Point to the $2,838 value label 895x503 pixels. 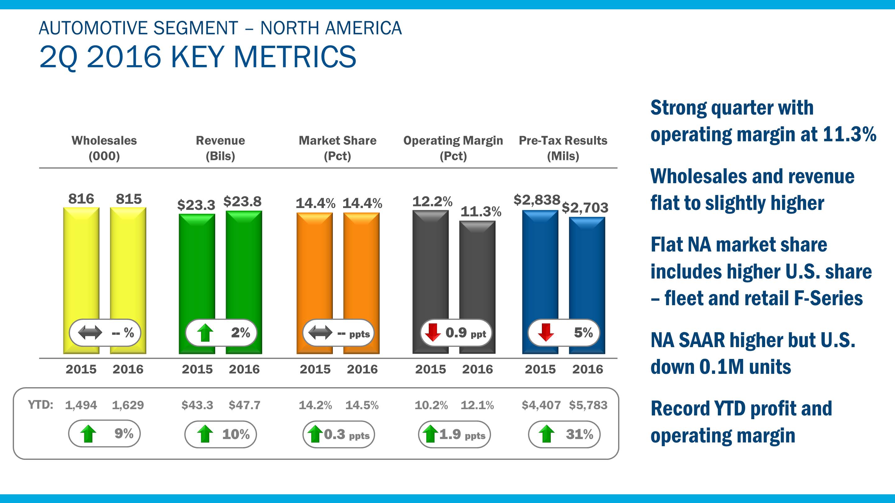click(537, 200)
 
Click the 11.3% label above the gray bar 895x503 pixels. click(481, 211)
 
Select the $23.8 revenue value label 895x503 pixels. click(242, 201)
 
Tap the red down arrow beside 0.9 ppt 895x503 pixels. click(433, 332)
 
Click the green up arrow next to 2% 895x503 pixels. click(205, 333)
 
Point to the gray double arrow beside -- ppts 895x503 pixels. click(320, 333)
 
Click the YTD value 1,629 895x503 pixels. click(128, 405)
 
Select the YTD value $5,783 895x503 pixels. click(588, 405)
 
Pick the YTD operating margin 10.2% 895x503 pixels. click(431, 405)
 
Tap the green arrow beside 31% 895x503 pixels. click(547, 434)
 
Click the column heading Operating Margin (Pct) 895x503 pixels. click(453, 148)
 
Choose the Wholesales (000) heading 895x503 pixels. click(104, 148)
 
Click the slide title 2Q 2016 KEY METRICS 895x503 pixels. click(198, 57)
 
